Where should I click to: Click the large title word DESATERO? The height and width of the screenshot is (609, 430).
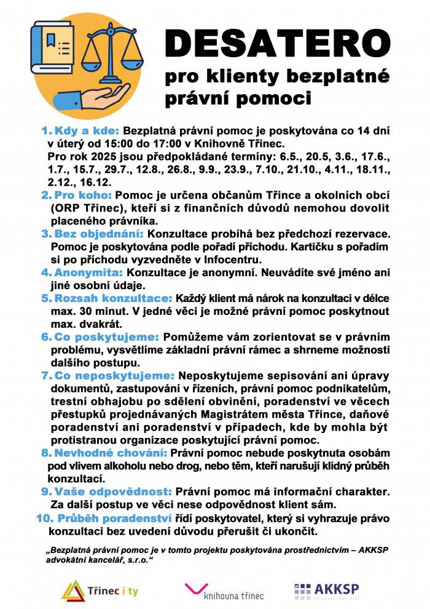tap(277, 44)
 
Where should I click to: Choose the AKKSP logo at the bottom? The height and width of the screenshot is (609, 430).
tap(326, 591)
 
